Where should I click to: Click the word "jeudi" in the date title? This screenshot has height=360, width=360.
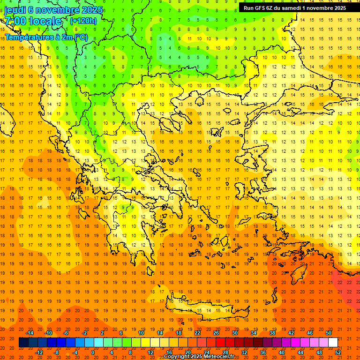16,10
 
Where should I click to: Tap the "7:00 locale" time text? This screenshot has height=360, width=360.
33,21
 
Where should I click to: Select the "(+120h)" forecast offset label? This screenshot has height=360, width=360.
83,21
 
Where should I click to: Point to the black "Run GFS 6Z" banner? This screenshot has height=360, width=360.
295,8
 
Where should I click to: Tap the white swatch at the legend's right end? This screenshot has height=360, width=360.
333,343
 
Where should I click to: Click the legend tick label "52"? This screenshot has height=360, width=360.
338,352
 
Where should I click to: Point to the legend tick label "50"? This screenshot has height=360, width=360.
329,333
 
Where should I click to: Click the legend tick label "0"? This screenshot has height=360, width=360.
93,352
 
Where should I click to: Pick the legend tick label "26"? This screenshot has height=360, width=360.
216,333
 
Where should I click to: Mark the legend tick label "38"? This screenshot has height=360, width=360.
272,333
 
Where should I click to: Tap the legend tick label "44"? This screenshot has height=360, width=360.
300,352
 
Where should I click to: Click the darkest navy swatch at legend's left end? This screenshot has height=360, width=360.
23,343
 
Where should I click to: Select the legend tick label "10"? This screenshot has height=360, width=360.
141,333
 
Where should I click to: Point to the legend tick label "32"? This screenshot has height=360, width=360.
244,352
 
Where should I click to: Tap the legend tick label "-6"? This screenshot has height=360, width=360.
66,333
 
